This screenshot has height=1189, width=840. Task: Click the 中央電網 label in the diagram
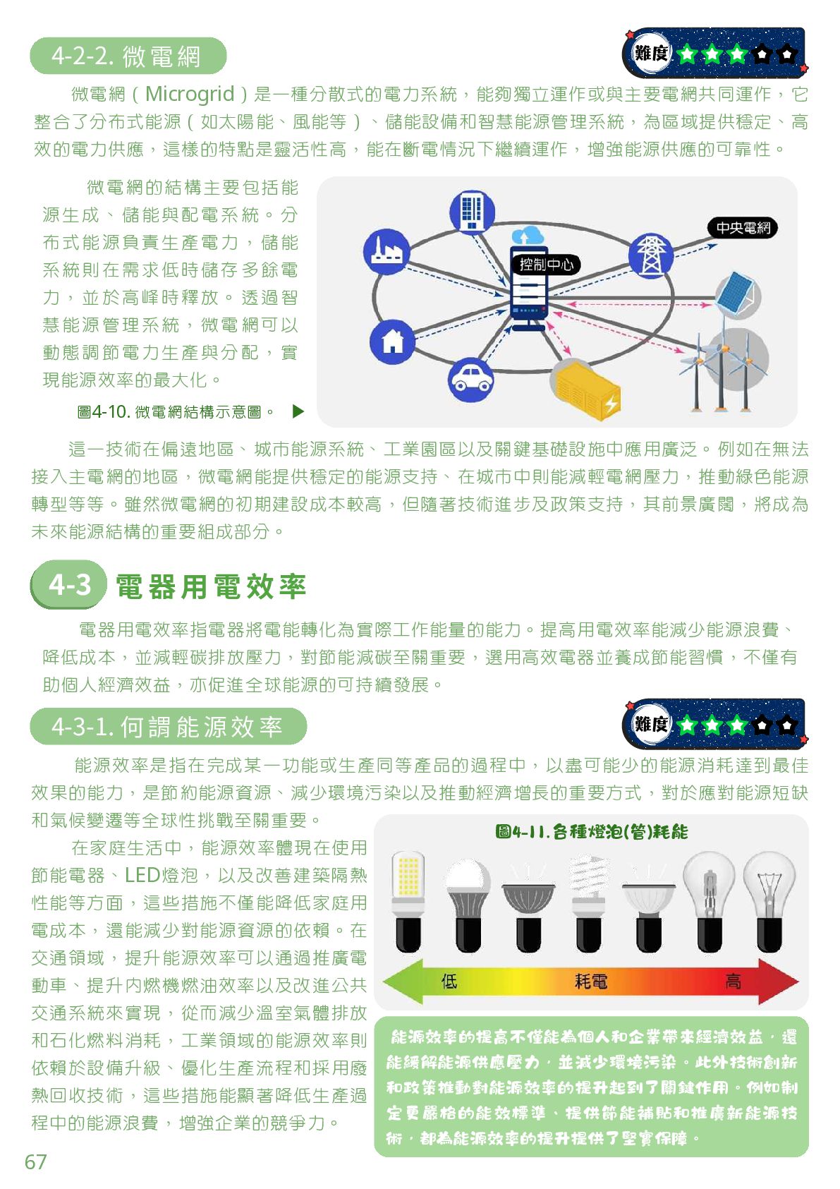(x=742, y=228)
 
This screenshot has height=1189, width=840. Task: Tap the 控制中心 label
(x=546, y=265)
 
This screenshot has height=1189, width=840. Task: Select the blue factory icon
(x=386, y=250)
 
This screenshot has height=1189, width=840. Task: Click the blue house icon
(x=391, y=342)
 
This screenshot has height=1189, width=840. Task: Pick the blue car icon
(x=470, y=380)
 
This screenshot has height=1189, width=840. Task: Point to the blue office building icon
(x=471, y=210)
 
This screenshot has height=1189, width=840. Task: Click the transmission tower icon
(x=650, y=255)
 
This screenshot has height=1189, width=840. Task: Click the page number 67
(x=35, y=1161)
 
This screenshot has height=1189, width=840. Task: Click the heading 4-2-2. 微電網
(x=127, y=56)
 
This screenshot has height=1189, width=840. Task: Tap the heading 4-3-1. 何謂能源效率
(x=168, y=727)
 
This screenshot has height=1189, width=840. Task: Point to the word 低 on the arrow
(x=449, y=981)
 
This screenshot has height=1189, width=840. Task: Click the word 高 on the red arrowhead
(x=733, y=981)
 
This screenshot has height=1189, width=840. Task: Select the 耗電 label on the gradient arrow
(x=591, y=981)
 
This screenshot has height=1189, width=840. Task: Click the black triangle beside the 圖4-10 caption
(x=298, y=411)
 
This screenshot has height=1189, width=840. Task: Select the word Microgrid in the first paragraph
(x=189, y=94)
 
